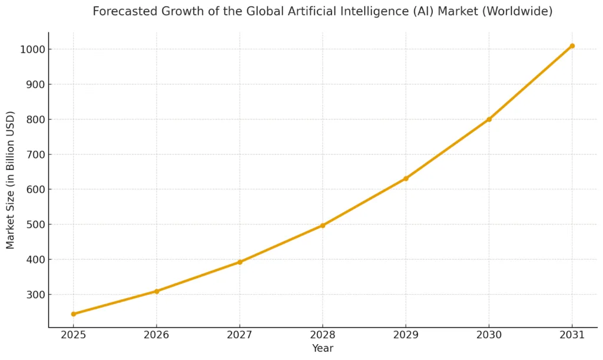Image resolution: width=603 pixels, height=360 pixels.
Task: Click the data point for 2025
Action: coord(74,314)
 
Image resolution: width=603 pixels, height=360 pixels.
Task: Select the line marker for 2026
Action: coord(157,291)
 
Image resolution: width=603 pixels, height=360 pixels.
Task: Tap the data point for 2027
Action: coord(240,262)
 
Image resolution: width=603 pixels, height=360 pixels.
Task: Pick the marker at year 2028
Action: coord(323,225)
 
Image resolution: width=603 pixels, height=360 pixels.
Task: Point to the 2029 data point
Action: coord(406,178)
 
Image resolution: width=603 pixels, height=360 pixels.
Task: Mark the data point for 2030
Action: coord(489,119)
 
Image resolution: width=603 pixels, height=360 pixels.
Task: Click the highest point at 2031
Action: coord(572,46)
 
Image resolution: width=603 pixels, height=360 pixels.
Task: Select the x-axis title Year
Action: coord(323,349)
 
